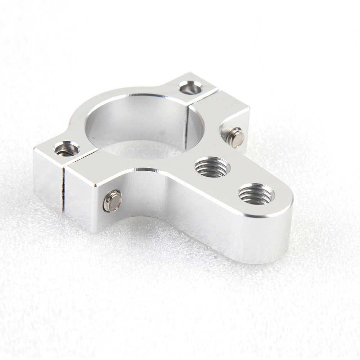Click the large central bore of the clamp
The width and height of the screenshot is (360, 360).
coord(144,126)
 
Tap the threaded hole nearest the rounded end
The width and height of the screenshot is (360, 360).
coord(256,194)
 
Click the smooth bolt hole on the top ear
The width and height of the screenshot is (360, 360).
coord(190,87)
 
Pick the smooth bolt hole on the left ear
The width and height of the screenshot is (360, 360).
coord(67,149)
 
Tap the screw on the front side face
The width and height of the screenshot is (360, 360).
coord(112,201)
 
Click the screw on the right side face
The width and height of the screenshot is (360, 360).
coord(236,137)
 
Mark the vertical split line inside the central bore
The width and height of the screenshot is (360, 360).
coord(187,126)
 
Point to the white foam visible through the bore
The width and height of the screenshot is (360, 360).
coord(144,148)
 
